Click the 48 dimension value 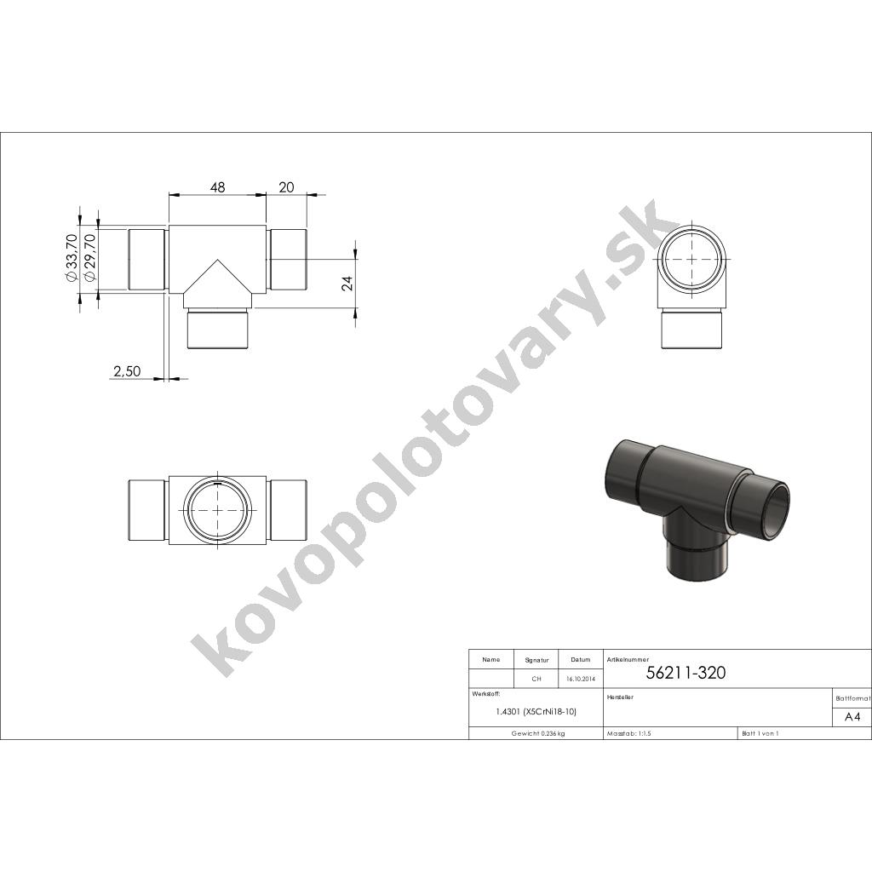218,187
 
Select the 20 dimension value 286,187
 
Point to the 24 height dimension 347,284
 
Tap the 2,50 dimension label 128,371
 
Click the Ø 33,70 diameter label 72,257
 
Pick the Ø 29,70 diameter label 89,257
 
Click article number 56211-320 686,673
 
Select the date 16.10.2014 581,679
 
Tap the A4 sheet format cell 852,717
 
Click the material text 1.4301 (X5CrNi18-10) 536,712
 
